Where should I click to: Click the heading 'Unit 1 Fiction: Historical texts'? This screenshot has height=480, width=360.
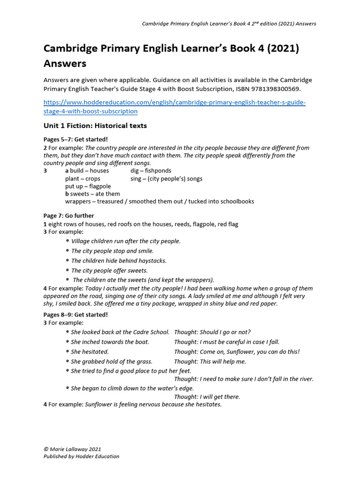(95, 126)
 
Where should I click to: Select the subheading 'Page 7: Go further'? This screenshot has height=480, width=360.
(69, 216)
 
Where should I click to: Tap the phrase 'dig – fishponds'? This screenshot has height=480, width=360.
(151, 171)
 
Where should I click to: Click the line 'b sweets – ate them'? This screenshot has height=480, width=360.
(92, 194)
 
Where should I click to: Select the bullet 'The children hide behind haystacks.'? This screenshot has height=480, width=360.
(119, 261)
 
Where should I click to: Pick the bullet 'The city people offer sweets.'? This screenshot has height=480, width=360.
(109, 270)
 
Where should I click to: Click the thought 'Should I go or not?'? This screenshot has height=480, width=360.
(212, 332)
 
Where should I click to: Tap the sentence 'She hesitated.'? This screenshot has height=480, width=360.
(90, 352)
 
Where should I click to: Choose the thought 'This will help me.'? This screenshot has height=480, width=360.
(210, 361)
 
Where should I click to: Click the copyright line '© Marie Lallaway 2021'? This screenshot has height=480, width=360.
(72, 449)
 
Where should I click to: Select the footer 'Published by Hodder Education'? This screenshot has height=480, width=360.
(82, 456)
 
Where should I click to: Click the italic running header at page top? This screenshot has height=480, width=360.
(229, 24)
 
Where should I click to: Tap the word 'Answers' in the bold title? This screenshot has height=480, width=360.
(65, 63)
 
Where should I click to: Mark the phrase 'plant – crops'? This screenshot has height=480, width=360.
(82, 179)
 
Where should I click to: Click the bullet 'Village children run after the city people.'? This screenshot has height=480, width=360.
(126, 241)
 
